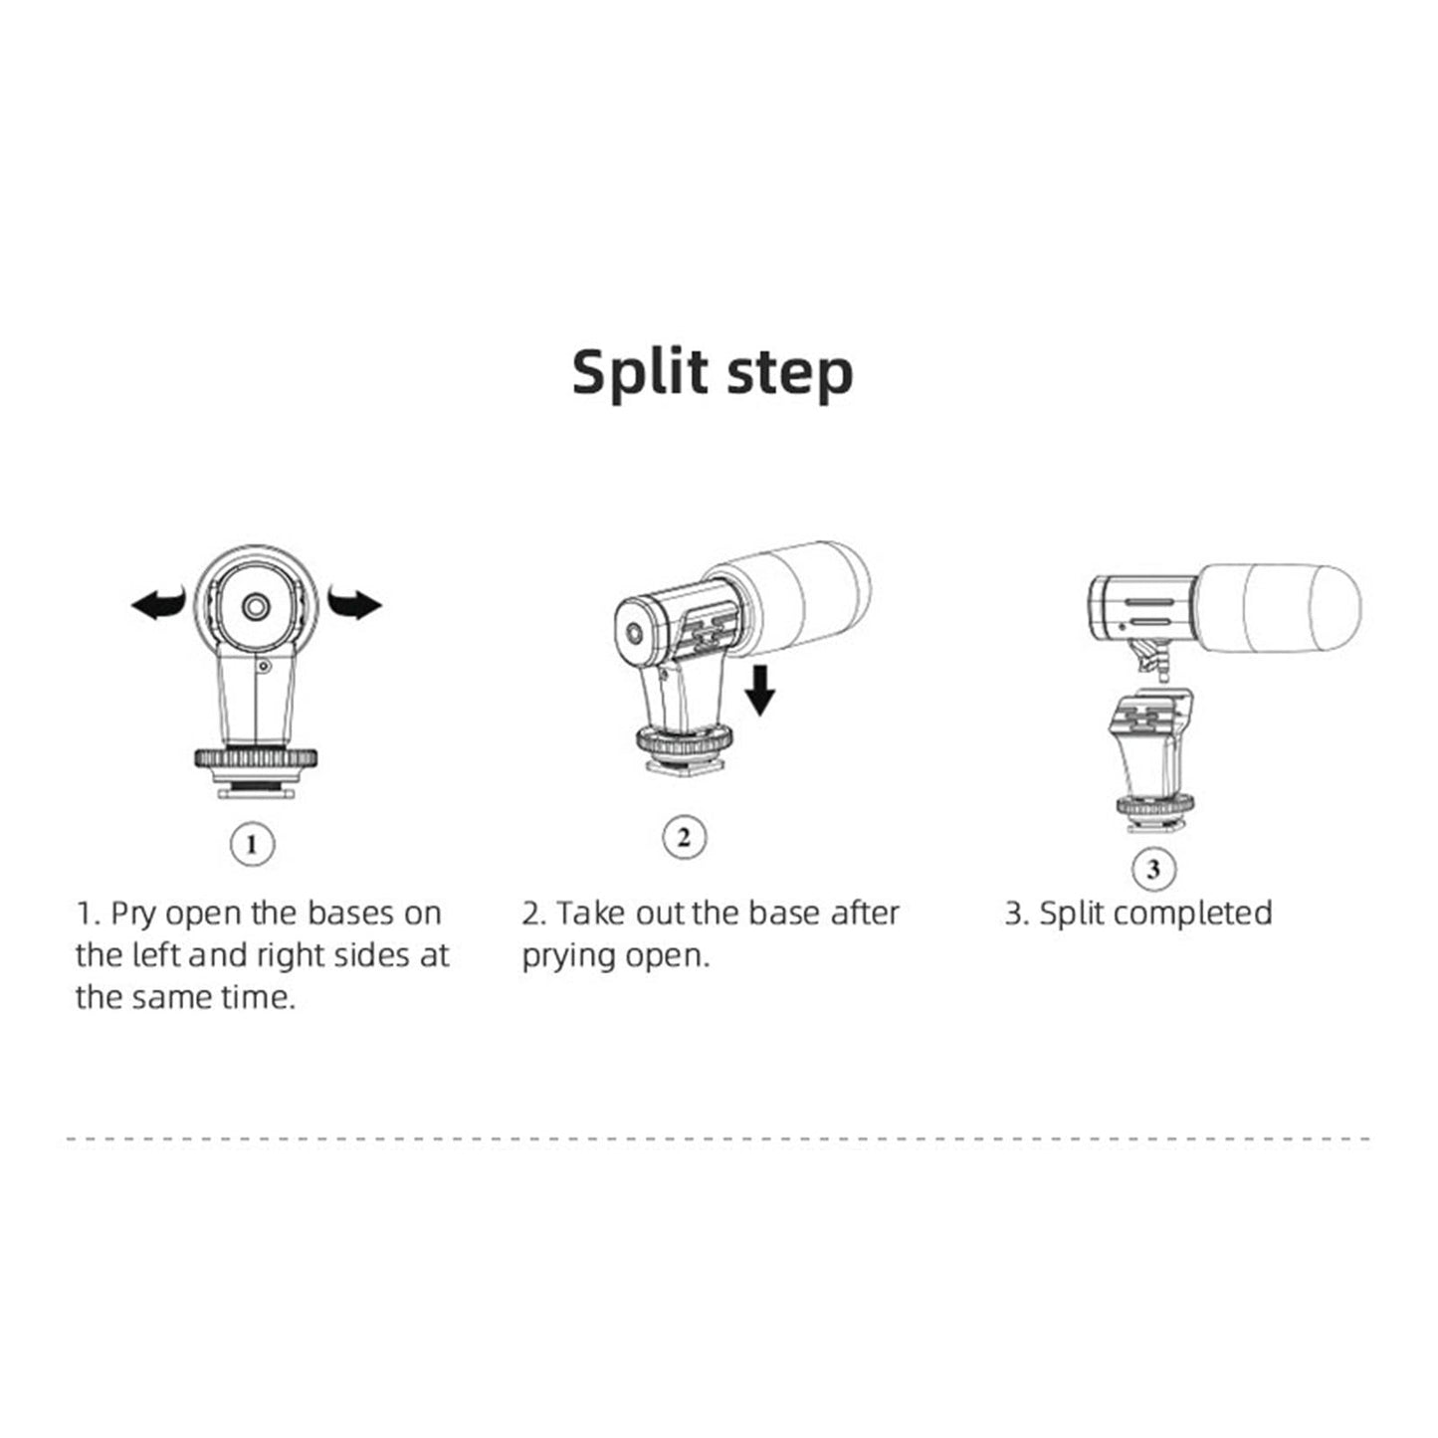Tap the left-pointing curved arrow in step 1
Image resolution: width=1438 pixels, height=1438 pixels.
pyautogui.click(x=159, y=603)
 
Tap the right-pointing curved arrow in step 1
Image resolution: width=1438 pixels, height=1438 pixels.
pyautogui.click(x=355, y=603)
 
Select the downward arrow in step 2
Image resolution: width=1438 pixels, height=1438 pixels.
pyautogui.click(x=760, y=691)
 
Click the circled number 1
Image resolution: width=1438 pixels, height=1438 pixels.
pyautogui.click(x=252, y=845)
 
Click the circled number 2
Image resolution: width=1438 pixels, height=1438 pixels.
pyautogui.click(x=684, y=838)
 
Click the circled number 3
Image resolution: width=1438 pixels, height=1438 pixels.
pyautogui.click(x=1153, y=870)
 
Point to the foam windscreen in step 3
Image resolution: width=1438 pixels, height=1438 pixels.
pyautogui.click(x=1284, y=608)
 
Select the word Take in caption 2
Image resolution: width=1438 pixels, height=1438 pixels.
pyautogui.click(x=591, y=914)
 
